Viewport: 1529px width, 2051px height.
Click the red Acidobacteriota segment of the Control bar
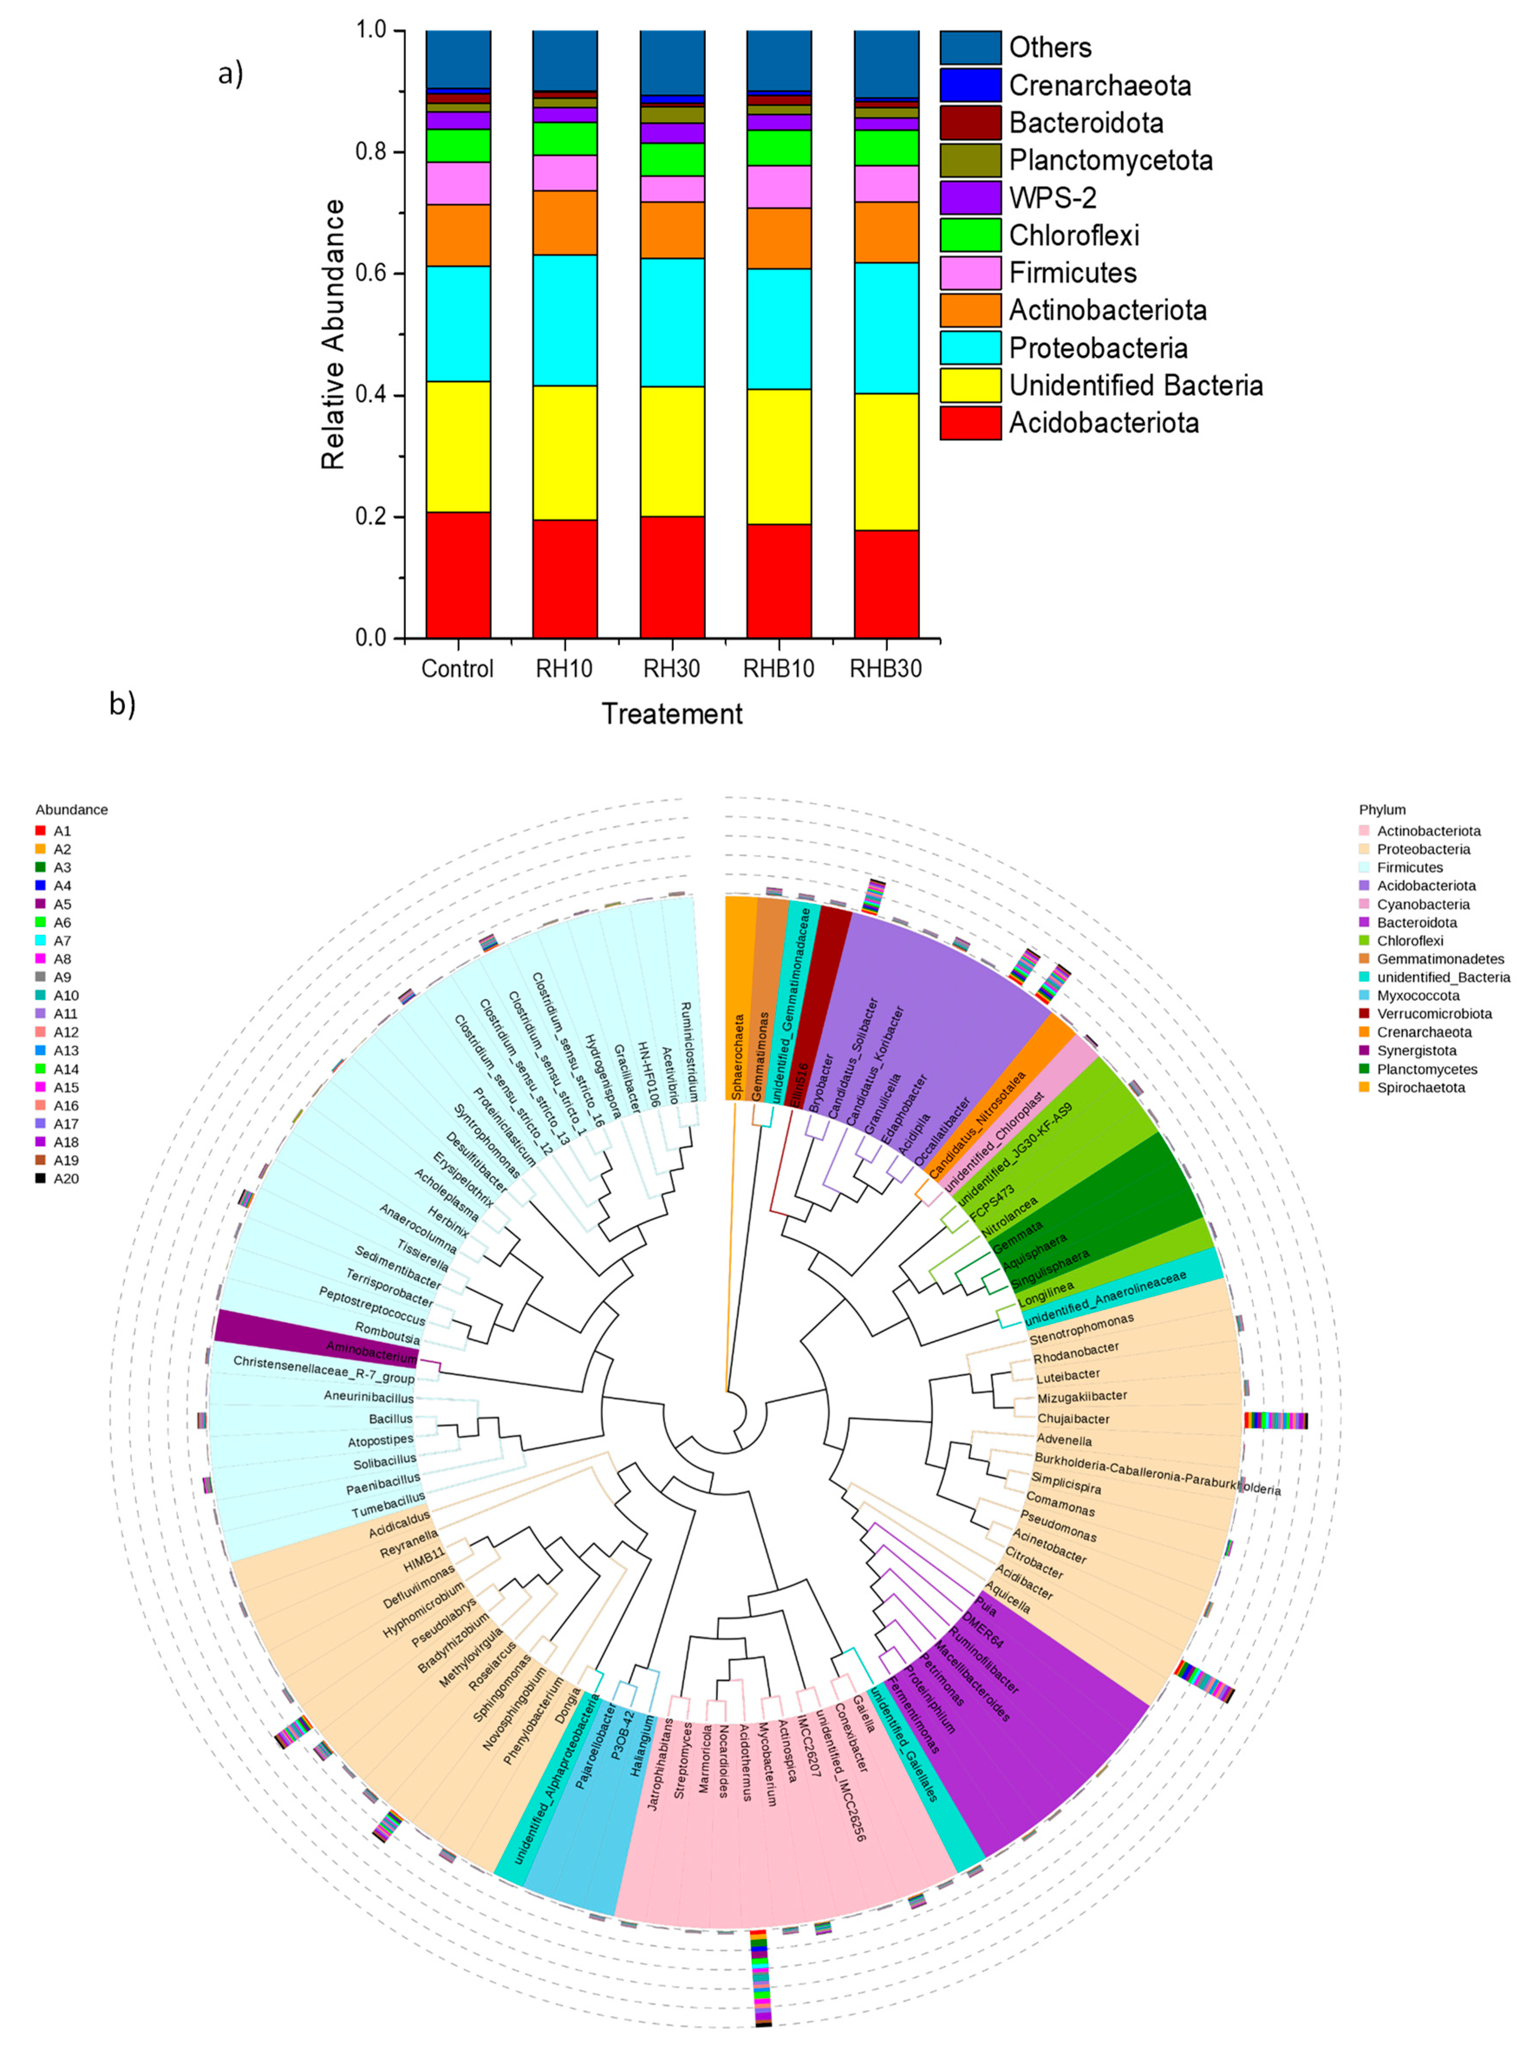[458, 574]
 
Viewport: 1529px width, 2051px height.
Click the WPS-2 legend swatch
[970, 197]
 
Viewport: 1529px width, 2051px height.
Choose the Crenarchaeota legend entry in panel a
[1100, 85]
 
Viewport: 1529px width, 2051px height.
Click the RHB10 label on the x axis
[778, 669]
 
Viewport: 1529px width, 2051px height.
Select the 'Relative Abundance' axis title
[333, 333]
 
